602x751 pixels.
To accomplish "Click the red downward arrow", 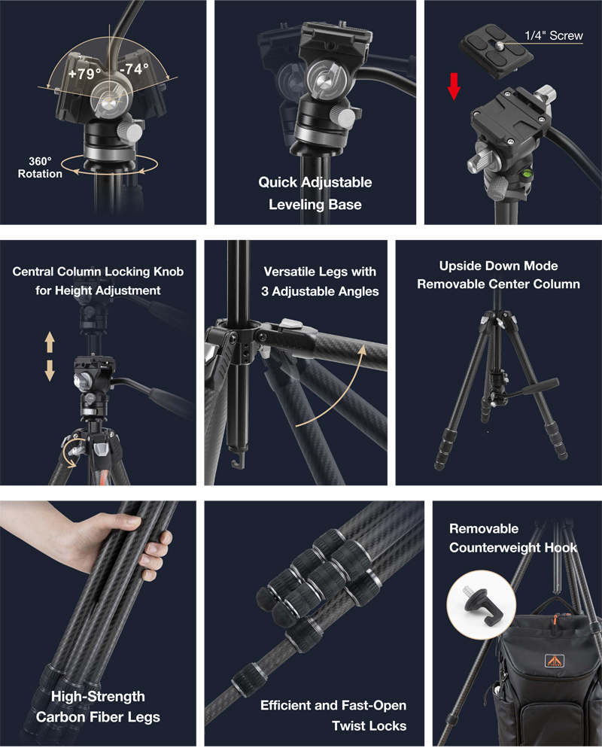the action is coord(454,87).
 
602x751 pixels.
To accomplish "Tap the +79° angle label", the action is coord(84,74).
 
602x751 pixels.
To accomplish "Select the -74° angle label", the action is coord(134,69).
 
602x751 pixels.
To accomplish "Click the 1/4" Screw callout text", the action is coord(554,35).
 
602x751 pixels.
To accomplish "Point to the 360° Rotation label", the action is coord(40,168).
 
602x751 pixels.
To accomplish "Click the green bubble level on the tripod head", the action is coord(530,172).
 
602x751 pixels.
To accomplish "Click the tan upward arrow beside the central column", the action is coord(50,343).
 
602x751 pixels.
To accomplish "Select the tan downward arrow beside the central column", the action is coord(50,371).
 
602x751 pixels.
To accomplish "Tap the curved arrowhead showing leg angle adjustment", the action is coord(362,351).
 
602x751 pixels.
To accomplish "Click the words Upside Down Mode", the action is coord(499,266).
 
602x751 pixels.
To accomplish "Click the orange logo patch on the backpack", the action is coord(555,661).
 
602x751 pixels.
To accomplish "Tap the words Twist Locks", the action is coord(369,725).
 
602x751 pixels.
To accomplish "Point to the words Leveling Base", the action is coord(315,205).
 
